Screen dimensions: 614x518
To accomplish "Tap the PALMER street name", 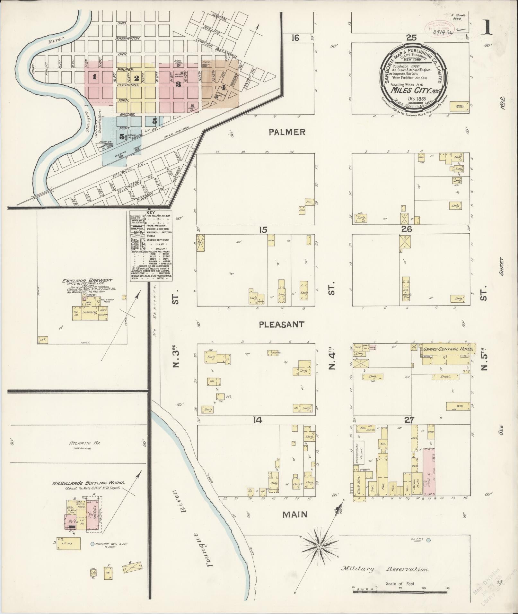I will point(287,132).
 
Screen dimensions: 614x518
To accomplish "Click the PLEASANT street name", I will point(282,324).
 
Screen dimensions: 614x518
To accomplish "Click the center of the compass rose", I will point(320,546).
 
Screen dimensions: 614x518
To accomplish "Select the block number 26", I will point(411,230).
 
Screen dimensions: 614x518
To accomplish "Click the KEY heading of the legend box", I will point(150,213).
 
